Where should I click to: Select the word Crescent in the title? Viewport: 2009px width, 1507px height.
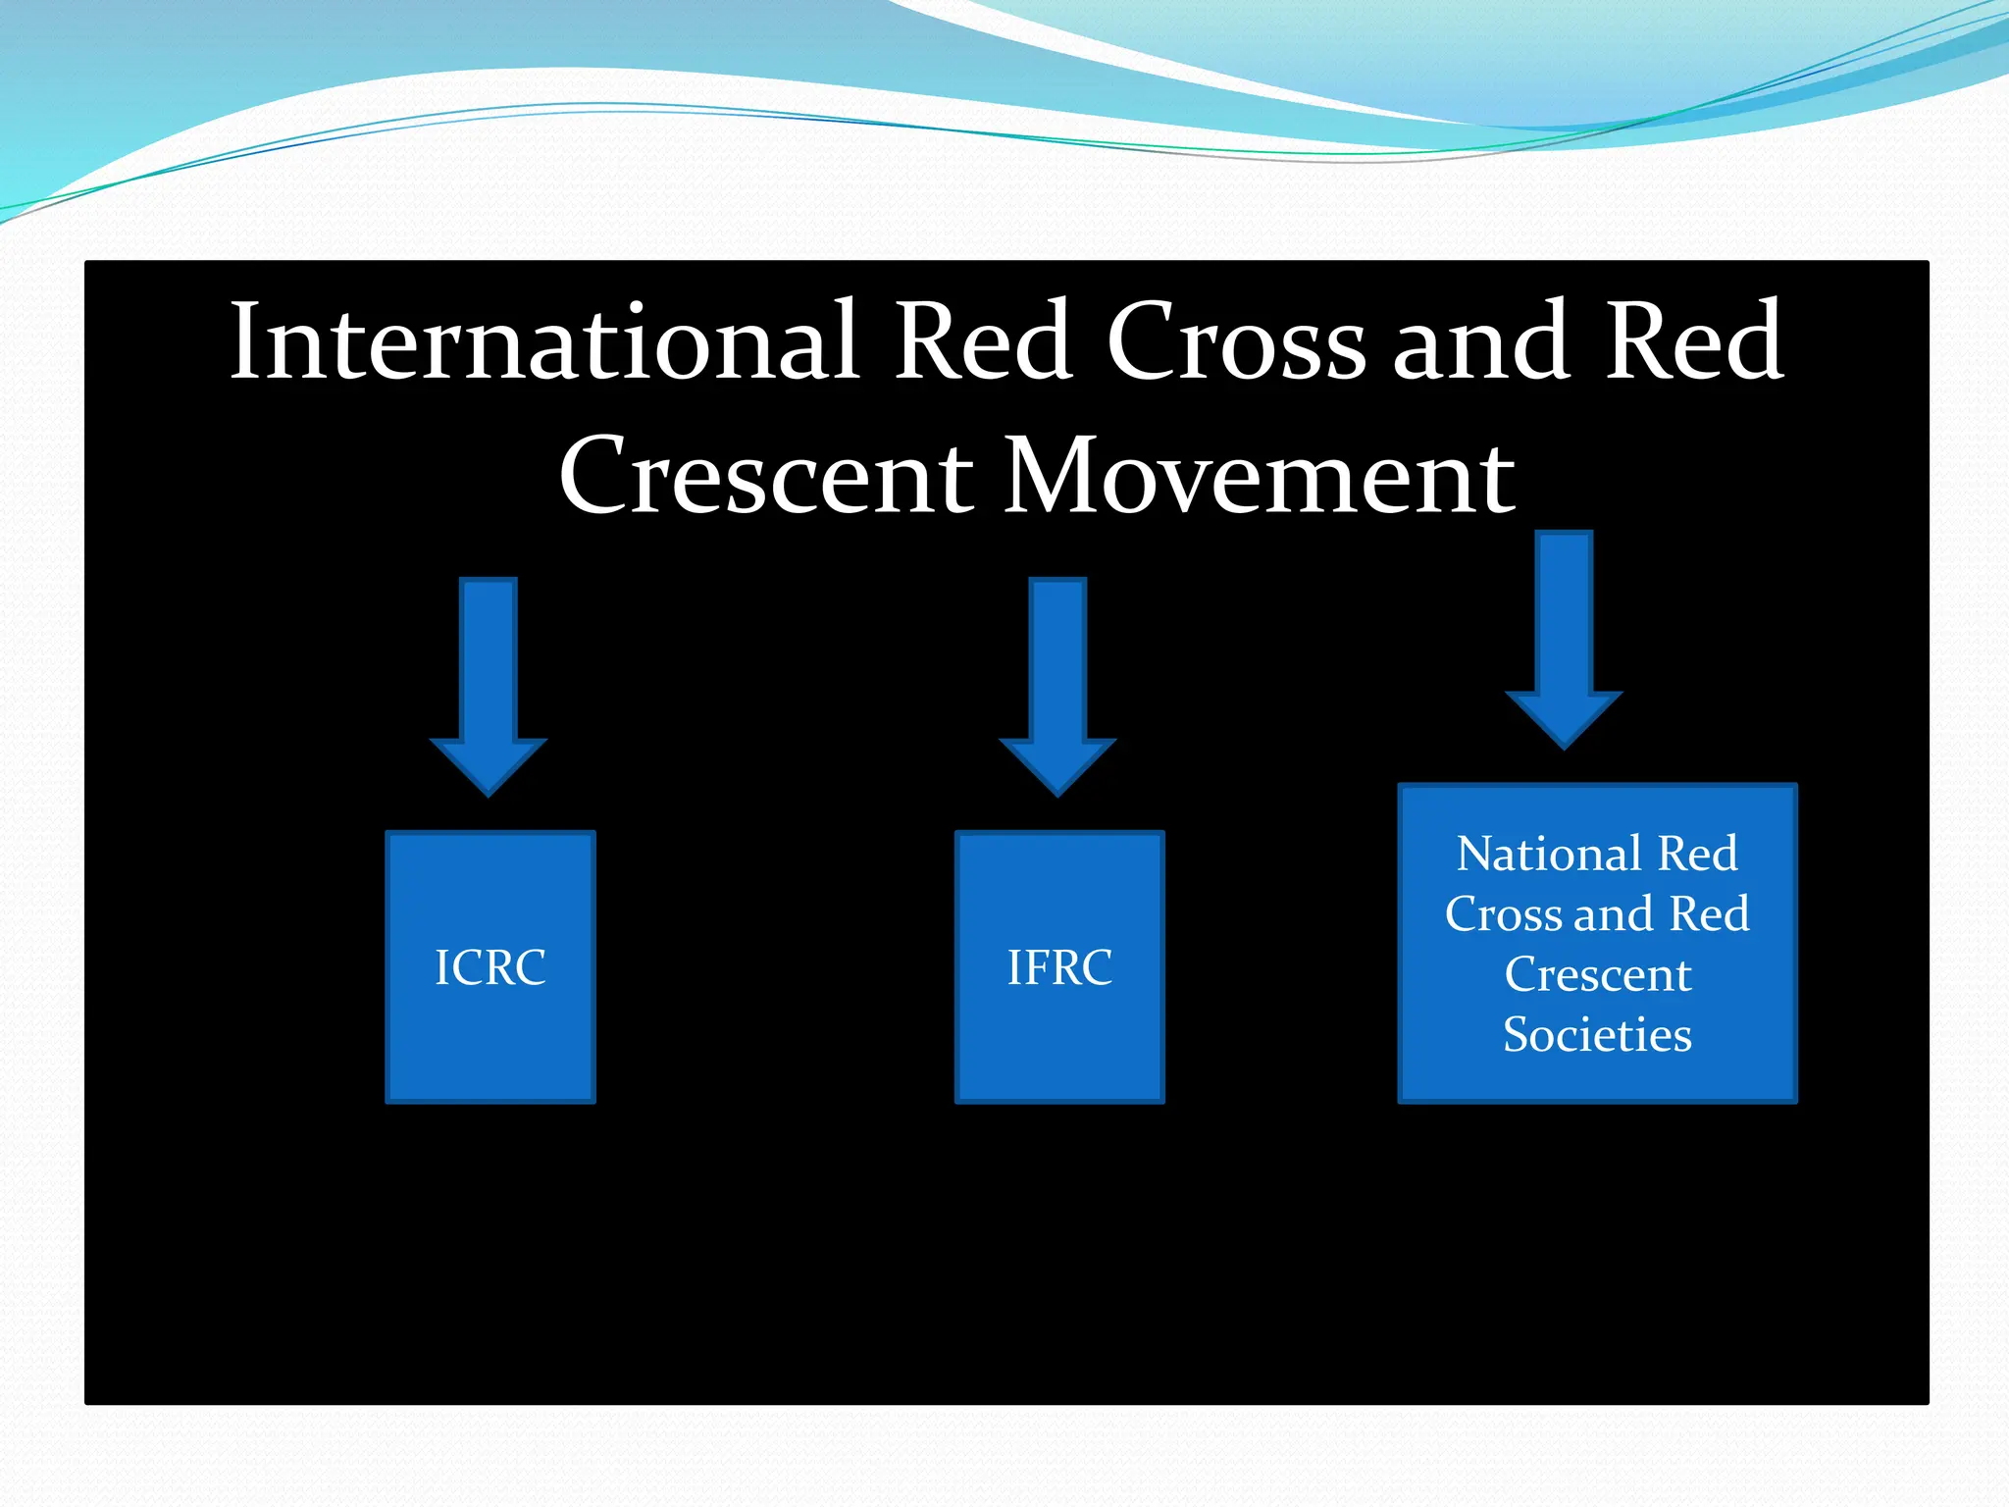(766, 477)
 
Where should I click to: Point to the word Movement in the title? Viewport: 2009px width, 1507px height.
(1260, 477)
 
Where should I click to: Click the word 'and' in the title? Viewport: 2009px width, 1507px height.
(1481, 343)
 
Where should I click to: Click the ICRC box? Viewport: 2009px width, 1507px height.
(490, 1040)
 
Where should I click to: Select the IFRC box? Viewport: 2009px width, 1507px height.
(1059, 1040)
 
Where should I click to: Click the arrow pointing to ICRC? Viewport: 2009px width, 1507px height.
(489, 667)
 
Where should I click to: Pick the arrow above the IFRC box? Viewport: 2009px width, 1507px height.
(1057, 667)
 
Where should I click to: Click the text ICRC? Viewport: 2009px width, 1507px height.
(490, 967)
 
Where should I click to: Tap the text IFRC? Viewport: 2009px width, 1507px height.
(1059, 967)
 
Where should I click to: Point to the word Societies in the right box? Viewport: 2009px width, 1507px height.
(1597, 1035)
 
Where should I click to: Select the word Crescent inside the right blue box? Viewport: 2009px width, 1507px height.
(1597, 975)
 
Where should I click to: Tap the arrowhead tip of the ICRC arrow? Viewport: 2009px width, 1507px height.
(489, 791)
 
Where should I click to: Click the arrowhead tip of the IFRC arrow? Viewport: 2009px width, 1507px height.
(1057, 791)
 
